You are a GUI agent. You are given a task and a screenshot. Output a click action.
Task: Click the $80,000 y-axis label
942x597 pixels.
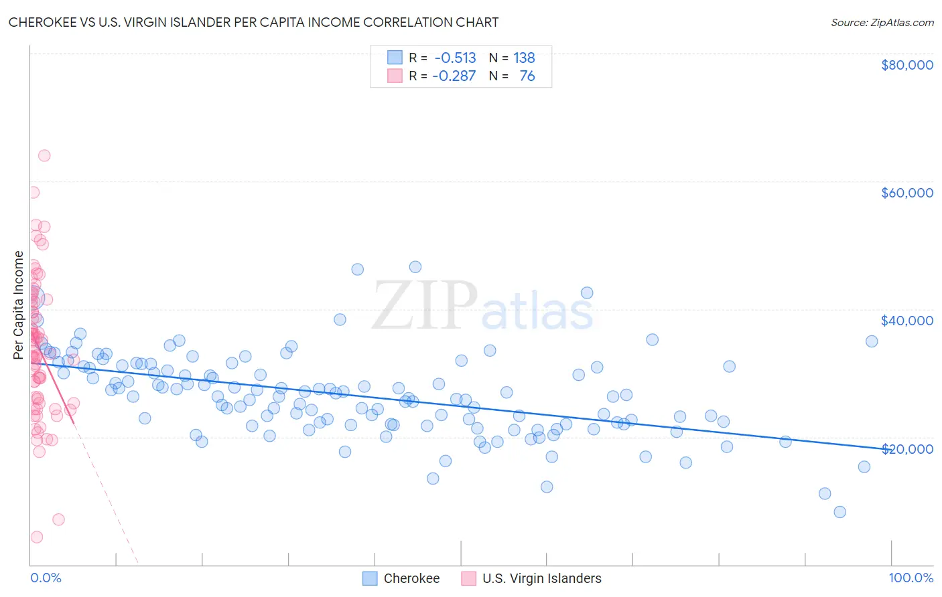pyautogui.click(x=906, y=65)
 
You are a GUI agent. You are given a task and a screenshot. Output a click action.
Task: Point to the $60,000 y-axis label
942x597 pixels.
pyautogui.click(x=906, y=193)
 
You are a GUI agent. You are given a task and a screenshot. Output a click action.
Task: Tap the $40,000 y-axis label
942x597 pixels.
pyautogui.click(x=906, y=321)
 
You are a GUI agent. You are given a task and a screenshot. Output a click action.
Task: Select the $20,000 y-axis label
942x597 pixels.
pyautogui.click(x=906, y=448)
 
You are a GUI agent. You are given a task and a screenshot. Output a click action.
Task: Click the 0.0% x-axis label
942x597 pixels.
pyautogui.click(x=46, y=578)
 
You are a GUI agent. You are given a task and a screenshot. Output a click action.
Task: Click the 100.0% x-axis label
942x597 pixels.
pyautogui.click(x=911, y=578)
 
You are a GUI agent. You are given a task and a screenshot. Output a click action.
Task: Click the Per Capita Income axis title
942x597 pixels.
pyautogui.click(x=18, y=305)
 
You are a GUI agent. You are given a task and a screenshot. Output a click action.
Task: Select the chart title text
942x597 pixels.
pyautogui.click(x=253, y=22)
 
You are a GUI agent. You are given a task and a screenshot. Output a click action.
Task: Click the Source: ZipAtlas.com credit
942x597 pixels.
pyautogui.click(x=882, y=22)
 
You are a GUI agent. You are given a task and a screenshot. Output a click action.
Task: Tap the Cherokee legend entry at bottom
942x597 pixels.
pyautogui.click(x=401, y=578)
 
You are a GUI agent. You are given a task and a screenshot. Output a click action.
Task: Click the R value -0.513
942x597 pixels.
pyautogui.click(x=455, y=58)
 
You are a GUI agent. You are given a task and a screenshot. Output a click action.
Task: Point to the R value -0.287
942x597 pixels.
pyautogui.click(x=454, y=76)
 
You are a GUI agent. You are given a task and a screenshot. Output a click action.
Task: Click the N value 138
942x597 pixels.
pyautogui.click(x=524, y=58)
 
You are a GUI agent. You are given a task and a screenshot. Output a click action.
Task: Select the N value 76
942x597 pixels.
pyautogui.click(x=527, y=76)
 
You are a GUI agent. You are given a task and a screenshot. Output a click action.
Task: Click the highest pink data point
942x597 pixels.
pyautogui.click(x=44, y=155)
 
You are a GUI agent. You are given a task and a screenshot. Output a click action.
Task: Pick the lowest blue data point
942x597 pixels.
pyautogui.click(x=839, y=512)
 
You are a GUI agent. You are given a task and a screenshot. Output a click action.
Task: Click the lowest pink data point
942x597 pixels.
pyautogui.click(x=37, y=537)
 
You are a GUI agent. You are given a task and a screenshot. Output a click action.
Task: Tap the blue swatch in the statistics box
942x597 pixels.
pyautogui.click(x=395, y=58)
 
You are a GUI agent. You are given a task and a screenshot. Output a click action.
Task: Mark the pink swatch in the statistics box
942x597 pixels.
pyautogui.click(x=395, y=76)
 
